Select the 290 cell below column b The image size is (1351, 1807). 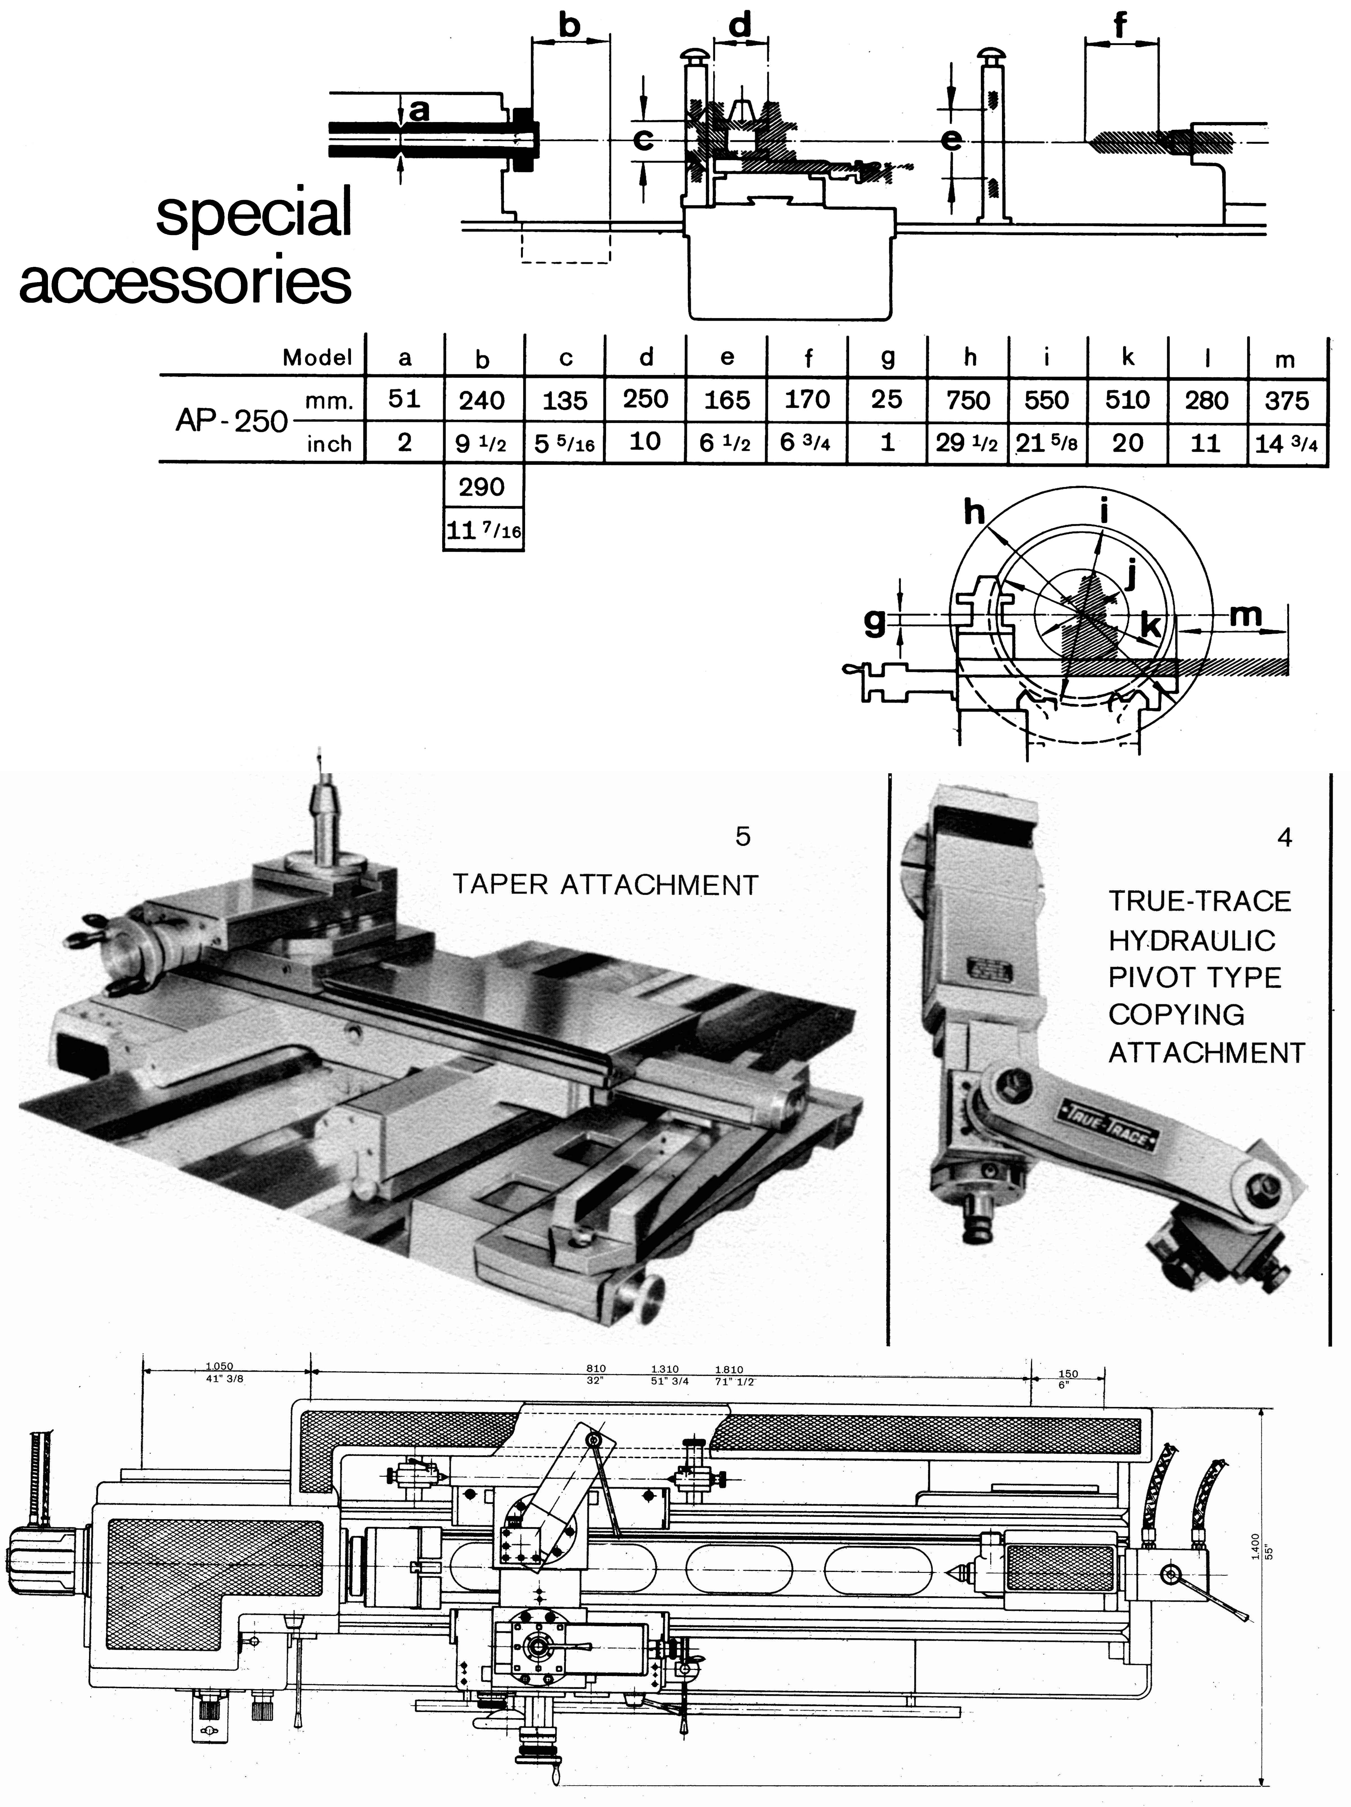[x=482, y=487]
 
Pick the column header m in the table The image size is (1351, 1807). [x=1285, y=359]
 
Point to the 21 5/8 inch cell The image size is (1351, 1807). [x=1047, y=443]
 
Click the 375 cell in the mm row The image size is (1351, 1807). [x=1286, y=400]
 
